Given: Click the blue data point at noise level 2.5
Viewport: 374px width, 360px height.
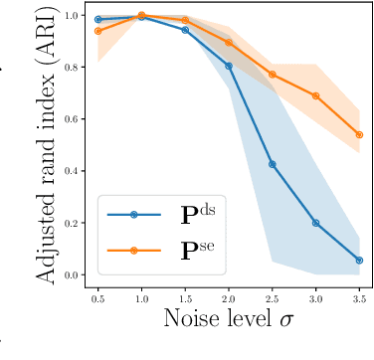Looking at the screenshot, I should (x=273, y=164).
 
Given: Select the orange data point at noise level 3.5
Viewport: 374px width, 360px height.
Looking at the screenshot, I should (x=359, y=134).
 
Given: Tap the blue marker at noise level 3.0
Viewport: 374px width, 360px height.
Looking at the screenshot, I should (x=316, y=223).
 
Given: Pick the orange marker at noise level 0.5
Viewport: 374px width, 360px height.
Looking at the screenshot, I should (x=98, y=31).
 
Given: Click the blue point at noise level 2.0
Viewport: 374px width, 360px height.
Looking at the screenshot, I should (x=229, y=66).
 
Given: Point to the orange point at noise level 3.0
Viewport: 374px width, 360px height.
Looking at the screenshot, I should (x=316, y=96).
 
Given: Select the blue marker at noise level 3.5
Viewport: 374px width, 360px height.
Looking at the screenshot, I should (x=359, y=261).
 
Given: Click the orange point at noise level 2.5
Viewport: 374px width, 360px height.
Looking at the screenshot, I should (x=273, y=75).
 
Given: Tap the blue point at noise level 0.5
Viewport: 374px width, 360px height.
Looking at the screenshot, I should (x=98, y=19).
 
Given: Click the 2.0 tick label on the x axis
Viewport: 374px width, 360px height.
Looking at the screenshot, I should (x=229, y=297).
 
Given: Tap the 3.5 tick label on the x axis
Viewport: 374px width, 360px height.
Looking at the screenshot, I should (x=359, y=297).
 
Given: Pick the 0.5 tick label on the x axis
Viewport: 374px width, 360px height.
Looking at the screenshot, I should (x=98, y=297).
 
